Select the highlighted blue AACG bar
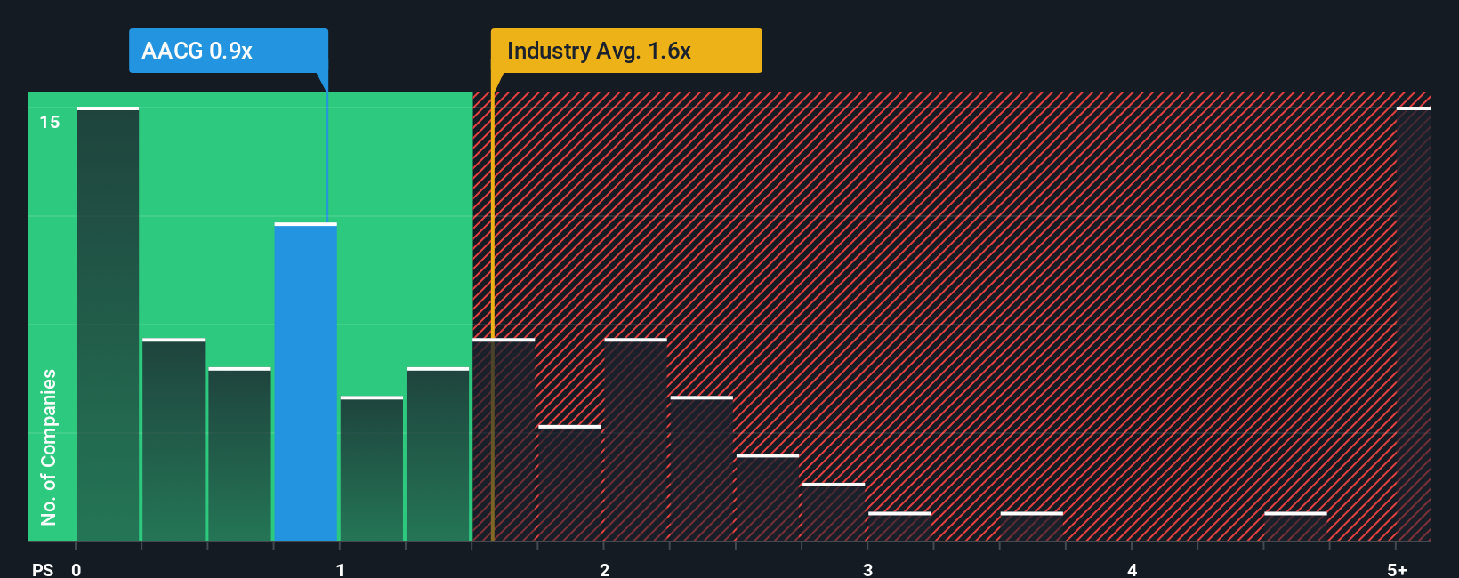pyautogui.click(x=305, y=382)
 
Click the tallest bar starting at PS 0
pyautogui.click(x=108, y=325)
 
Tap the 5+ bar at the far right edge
pyautogui.click(x=1413, y=325)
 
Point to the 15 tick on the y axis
pyautogui.click(x=50, y=122)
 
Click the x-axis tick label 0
pyautogui.click(x=77, y=570)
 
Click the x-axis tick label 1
pyautogui.click(x=340, y=570)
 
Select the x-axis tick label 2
pyautogui.click(x=604, y=570)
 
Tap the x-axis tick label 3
pyautogui.click(x=867, y=570)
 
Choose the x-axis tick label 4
pyautogui.click(x=1132, y=570)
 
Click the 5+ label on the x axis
pyautogui.click(x=1397, y=570)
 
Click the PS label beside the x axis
pyautogui.click(x=43, y=570)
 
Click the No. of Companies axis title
pyautogui.click(x=49, y=446)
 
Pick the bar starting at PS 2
pyautogui.click(x=635, y=440)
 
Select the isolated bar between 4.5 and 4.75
pyautogui.click(x=1295, y=526)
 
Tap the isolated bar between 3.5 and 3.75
pyautogui.click(x=1031, y=526)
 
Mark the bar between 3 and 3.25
pyautogui.click(x=899, y=526)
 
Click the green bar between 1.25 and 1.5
pyautogui.click(x=438, y=454)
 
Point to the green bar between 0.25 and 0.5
pyautogui.click(x=173, y=440)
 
